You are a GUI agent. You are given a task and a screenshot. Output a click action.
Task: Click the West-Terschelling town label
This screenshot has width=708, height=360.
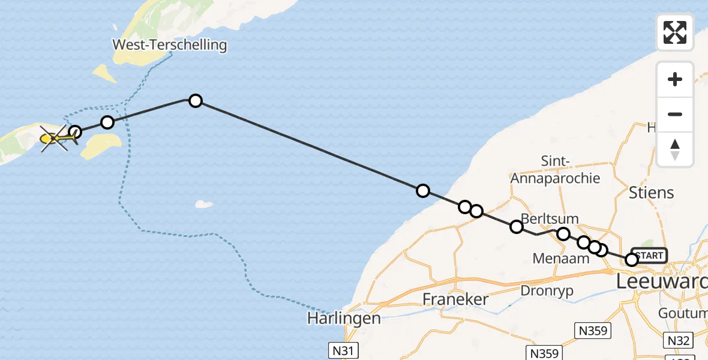(170, 44)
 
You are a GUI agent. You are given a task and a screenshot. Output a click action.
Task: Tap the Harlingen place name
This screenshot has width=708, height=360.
(344, 317)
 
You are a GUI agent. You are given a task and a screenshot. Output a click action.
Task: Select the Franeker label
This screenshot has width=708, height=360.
(455, 299)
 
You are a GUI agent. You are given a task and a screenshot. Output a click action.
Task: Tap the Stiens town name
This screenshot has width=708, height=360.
(652, 193)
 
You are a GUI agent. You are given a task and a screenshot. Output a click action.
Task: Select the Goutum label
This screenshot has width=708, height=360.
(682, 313)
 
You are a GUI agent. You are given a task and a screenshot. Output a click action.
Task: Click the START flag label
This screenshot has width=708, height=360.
(649, 256)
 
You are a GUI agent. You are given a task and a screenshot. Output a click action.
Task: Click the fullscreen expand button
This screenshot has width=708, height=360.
(675, 32)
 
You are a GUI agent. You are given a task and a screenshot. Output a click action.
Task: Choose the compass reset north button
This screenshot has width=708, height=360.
(675, 149)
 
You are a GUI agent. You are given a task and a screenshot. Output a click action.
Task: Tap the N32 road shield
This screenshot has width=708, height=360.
(679, 341)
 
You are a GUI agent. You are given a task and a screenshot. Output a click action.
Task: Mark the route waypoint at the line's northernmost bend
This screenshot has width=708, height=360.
(195, 101)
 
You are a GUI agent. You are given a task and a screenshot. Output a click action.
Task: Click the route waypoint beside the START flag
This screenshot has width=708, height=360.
(631, 260)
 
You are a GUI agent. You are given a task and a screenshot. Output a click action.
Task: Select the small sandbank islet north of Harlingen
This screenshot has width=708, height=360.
(204, 204)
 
